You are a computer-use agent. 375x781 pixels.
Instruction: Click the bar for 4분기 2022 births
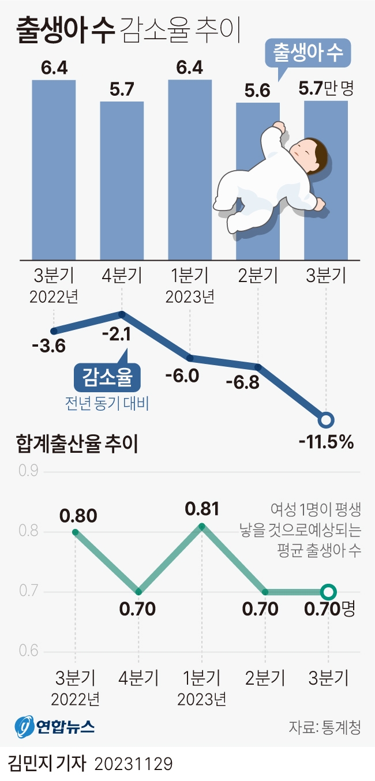point(122,181)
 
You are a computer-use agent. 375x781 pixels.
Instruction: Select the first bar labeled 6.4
point(54,170)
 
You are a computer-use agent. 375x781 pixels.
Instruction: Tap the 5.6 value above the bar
point(258,91)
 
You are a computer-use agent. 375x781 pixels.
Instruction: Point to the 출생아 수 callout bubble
point(308,54)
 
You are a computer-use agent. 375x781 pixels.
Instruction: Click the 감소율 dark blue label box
point(108,378)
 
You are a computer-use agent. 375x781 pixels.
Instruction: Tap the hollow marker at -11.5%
point(326,420)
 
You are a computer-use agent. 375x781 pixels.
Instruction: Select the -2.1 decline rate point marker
point(122,314)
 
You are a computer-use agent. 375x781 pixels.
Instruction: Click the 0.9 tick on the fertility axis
point(28,471)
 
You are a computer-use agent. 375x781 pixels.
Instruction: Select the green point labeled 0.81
point(201,525)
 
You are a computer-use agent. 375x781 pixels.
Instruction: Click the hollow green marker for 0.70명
point(328,592)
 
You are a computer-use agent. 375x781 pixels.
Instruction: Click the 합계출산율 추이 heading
point(78,445)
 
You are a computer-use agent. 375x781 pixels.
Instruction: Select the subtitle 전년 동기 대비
point(107,403)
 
